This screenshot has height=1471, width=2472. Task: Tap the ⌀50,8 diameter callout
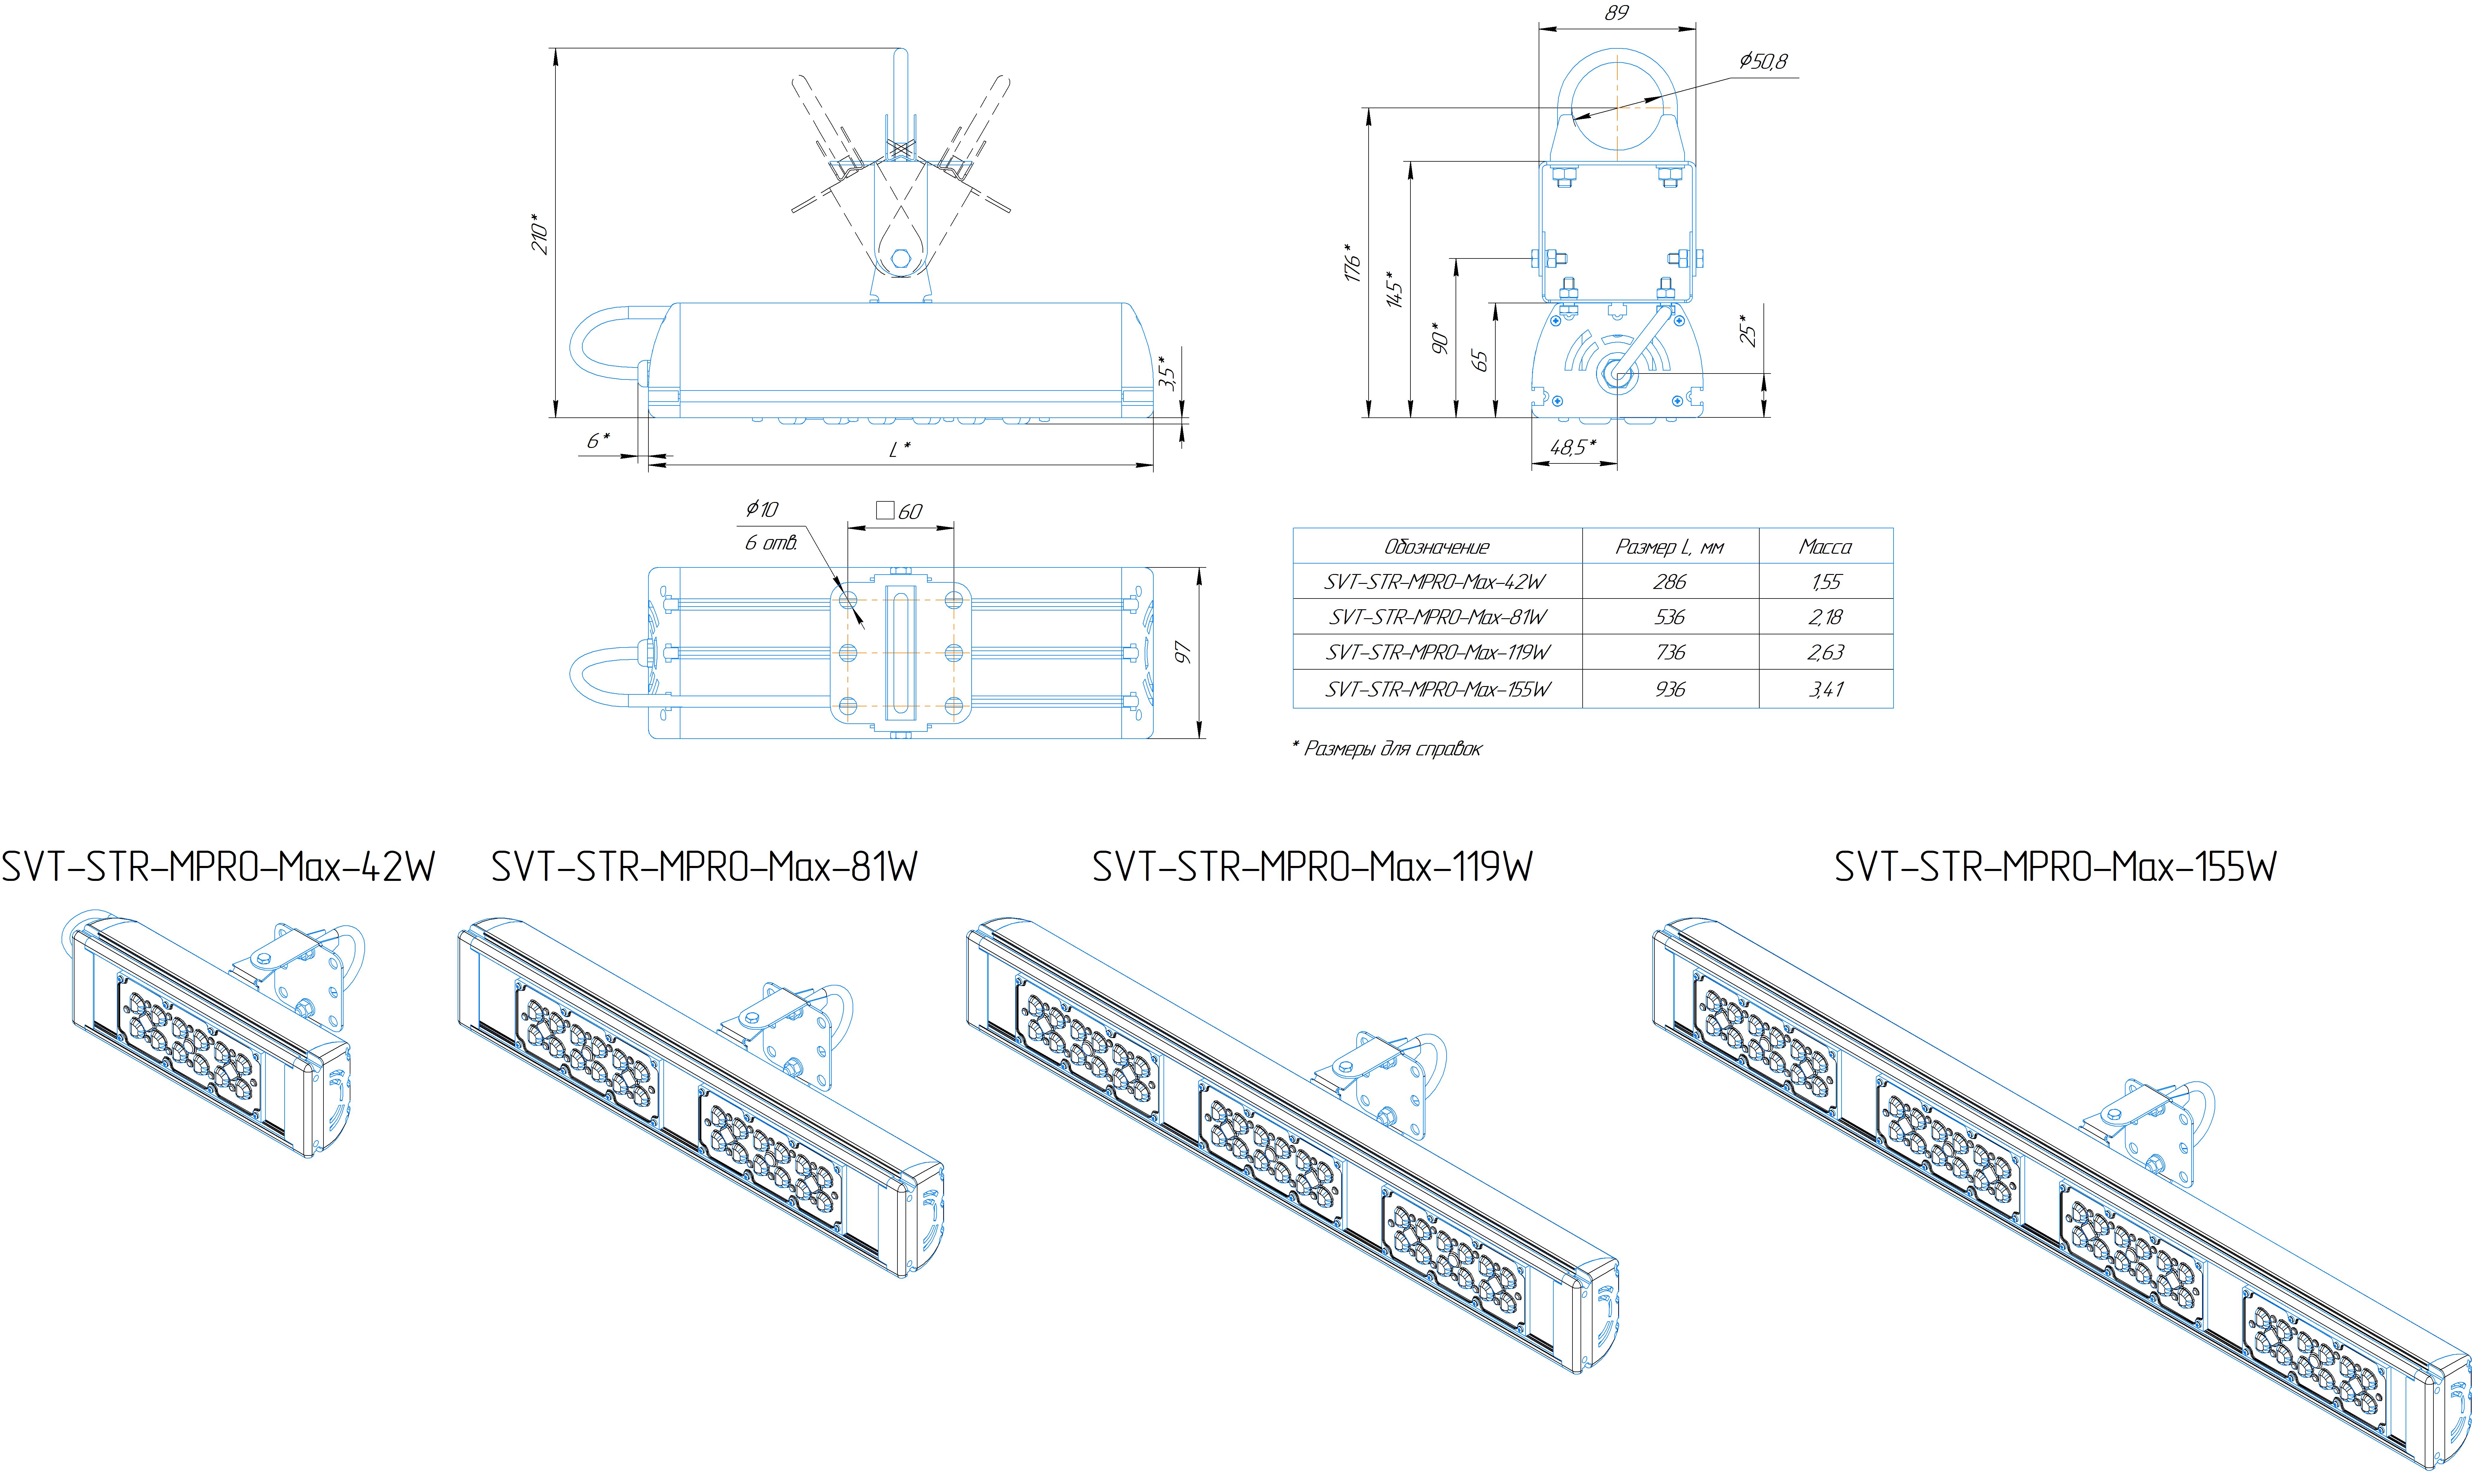[x=1763, y=62]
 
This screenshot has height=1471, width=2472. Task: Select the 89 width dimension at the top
[x=1616, y=13]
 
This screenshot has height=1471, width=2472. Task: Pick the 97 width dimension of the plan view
[x=1182, y=652]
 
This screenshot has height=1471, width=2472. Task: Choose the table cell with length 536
[x=1670, y=616]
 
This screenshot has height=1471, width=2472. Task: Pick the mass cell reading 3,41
[x=1825, y=689]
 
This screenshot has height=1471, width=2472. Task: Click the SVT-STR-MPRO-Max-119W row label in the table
[x=1437, y=652]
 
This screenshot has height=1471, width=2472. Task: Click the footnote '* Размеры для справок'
[x=1386, y=748]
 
